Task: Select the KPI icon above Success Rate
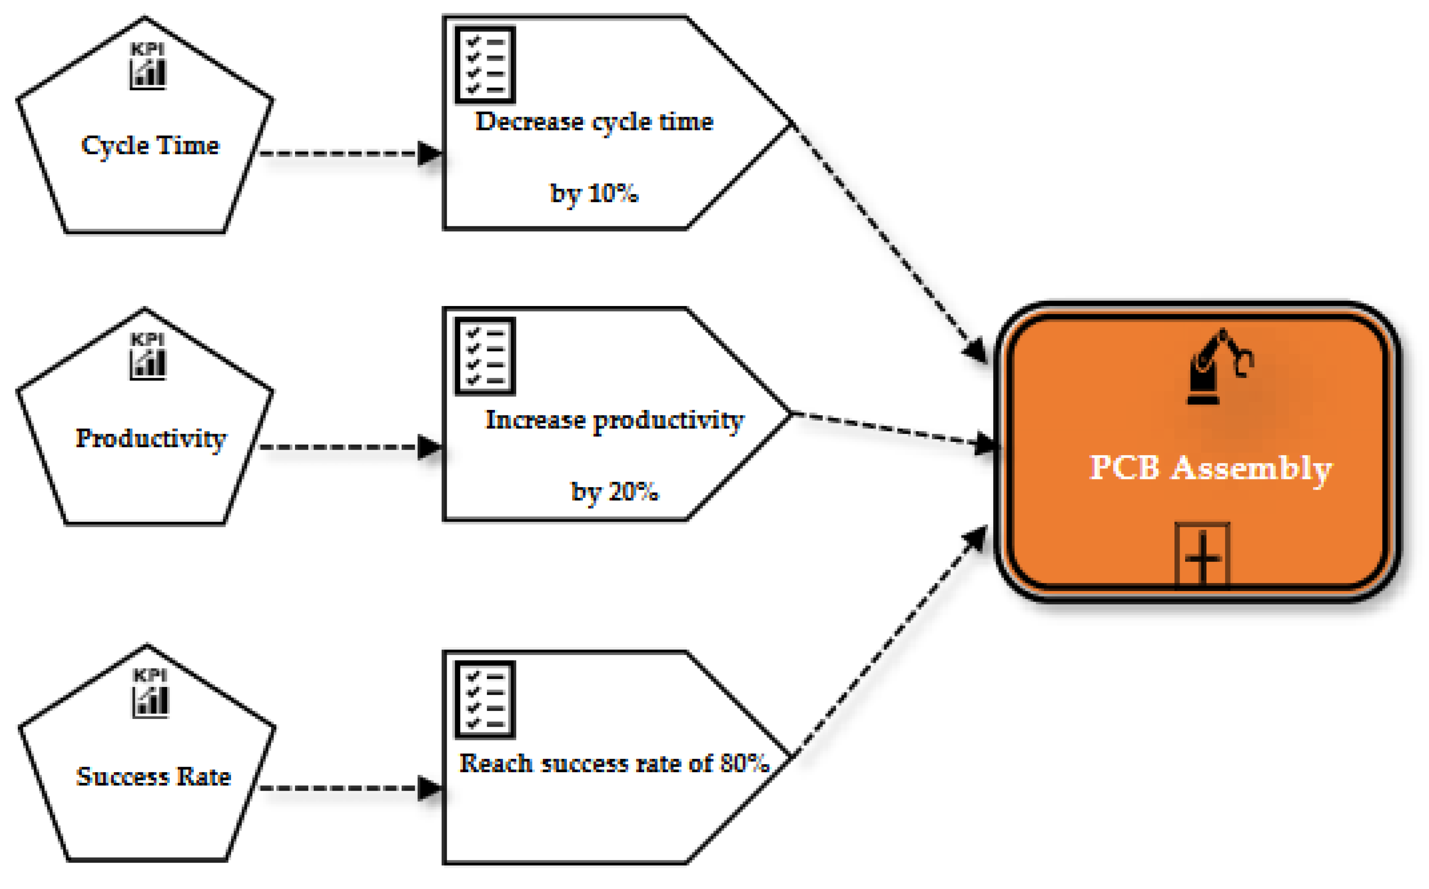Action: pyautogui.click(x=150, y=693)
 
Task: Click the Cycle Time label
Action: pyautogui.click(x=150, y=145)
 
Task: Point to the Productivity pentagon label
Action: pyautogui.click(x=150, y=438)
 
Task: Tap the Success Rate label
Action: pyautogui.click(x=153, y=776)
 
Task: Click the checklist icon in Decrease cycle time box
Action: pyautogui.click(x=485, y=65)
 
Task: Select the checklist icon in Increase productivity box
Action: pyautogui.click(x=485, y=356)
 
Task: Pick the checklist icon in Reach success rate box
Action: pyautogui.click(x=485, y=700)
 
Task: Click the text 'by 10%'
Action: pyautogui.click(x=594, y=193)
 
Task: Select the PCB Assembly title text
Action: pyautogui.click(x=1210, y=469)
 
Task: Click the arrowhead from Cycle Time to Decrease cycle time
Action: pyautogui.click(x=429, y=153)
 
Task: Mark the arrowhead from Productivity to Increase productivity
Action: pyautogui.click(x=429, y=447)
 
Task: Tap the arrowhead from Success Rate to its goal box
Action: pyautogui.click(x=429, y=788)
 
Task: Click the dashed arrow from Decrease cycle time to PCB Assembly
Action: pyautogui.click(x=888, y=241)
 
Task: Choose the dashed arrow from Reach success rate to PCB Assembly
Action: pyautogui.click(x=888, y=644)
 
